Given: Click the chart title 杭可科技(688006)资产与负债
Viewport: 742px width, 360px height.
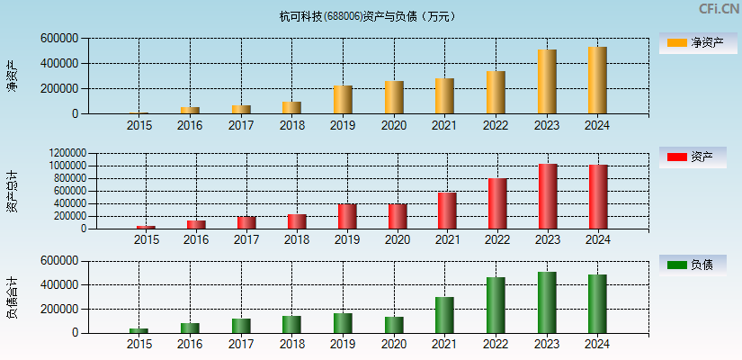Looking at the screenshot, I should (x=367, y=15).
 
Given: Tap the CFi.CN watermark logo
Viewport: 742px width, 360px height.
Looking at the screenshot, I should (x=719, y=9).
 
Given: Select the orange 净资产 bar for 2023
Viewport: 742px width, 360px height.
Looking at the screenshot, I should (x=547, y=82).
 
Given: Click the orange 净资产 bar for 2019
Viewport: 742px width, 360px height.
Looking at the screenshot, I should (x=343, y=100).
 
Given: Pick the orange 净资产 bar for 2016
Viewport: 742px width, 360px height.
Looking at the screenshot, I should (x=190, y=110).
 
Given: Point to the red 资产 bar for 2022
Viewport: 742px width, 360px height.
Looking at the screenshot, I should (x=497, y=203).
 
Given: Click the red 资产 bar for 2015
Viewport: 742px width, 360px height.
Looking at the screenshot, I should (x=146, y=227).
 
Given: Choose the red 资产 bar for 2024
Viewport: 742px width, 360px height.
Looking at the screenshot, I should (x=598, y=196).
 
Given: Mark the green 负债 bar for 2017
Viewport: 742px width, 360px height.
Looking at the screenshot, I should (x=240, y=326).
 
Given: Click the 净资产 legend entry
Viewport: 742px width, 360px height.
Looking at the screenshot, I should (x=693, y=43).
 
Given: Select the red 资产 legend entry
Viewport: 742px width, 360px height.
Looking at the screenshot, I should (x=693, y=157).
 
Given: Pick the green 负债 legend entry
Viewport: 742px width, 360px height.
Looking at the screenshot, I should (x=693, y=265).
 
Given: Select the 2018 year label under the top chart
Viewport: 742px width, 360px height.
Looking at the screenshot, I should (x=291, y=126).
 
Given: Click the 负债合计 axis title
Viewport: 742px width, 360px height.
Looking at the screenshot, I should (x=12, y=298).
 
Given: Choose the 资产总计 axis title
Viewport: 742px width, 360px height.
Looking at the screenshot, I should (x=12, y=191).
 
